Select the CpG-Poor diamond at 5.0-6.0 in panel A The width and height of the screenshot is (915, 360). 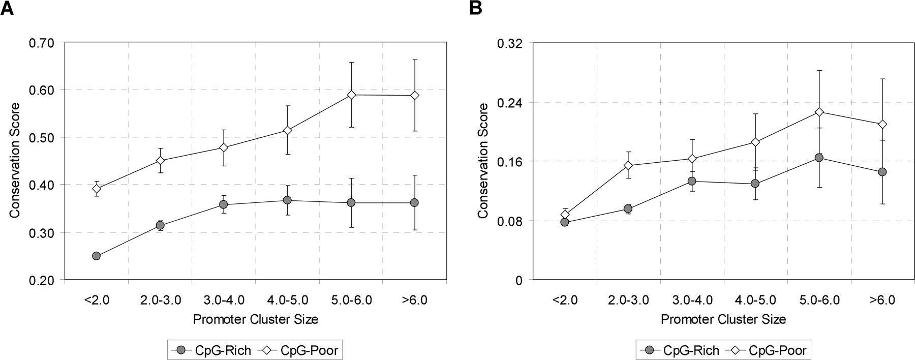[x=351, y=95]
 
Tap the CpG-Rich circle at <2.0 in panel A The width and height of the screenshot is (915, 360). [x=96, y=256]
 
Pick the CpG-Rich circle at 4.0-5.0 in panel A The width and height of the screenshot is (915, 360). [x=287, y=200]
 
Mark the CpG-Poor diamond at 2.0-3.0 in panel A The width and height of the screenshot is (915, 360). [x=160, y=161]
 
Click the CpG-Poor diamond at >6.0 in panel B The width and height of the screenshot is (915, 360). [x=882, y=124]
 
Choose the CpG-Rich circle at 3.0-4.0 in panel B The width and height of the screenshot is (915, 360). [x=692, y=181]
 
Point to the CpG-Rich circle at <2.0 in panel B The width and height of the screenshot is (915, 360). [x=565, y=222]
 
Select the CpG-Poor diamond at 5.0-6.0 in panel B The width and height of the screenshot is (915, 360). [x=819, y=112]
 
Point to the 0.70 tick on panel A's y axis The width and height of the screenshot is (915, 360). [x=42, y=42]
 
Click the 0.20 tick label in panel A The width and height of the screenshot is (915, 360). [x=42, y=280]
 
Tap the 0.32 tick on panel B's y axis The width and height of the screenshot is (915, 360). [x=511, y=43]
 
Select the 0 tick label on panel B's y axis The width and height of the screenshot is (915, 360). [x=519, y=280]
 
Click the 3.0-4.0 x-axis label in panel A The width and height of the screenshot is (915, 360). [x=224, y=300]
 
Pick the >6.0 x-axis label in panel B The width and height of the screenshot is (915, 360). [x=882, y=300]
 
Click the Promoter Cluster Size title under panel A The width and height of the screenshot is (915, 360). [x=256, y=319]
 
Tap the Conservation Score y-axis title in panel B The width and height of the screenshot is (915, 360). [x=483, y=161]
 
